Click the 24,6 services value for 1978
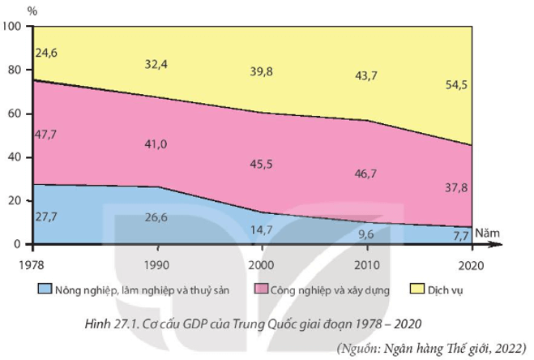coord(47,53)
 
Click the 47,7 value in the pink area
coord(47,133)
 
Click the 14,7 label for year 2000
coord(261,229)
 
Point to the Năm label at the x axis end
coord(488,232)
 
